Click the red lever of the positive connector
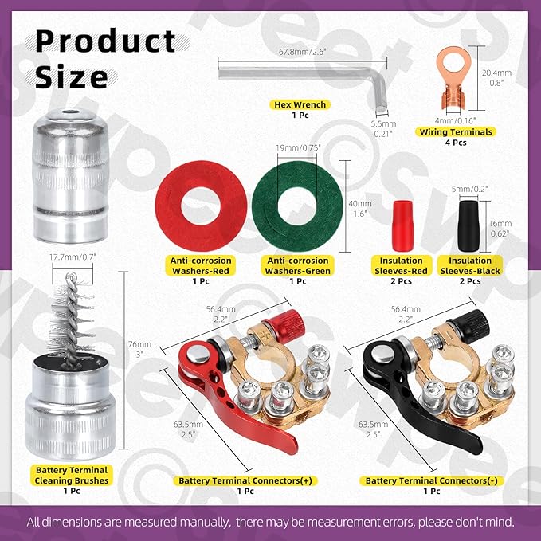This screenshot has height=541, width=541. (x=199, y=390)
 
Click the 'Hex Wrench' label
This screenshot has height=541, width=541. (x=295, y=104)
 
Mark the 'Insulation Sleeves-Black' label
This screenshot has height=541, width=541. (x=470, y=265)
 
